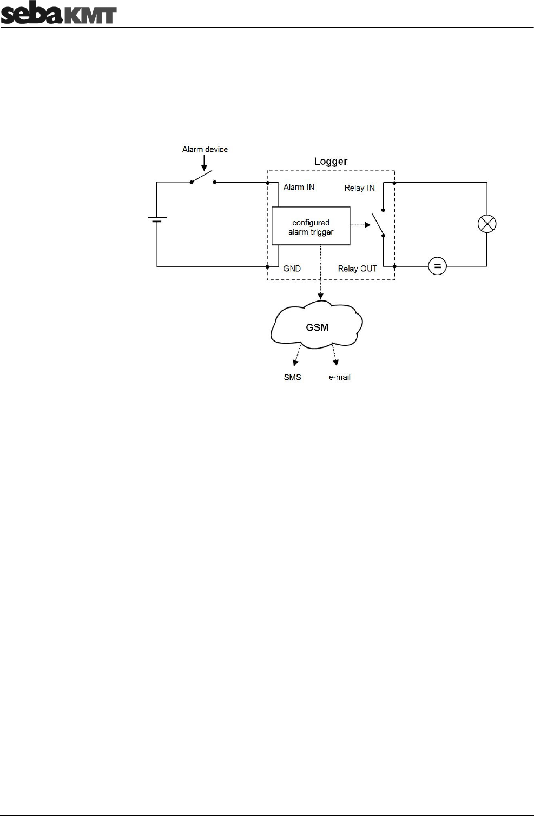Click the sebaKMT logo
click(58, 14)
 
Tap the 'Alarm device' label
click(205, 149)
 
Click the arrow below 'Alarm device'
click(204, 162)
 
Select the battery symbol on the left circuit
click(157, 220)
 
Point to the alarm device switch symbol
click(203, 178)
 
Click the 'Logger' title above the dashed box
click(331, 162)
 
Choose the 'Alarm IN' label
click(299, 187)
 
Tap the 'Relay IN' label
click(359, 188)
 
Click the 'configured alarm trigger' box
click(311, 227)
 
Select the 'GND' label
click(292, 268)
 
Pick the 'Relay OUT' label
click(357, 268)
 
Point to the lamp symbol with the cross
click(487, 224)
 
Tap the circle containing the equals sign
click(437, 266)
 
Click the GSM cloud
click(317, 327)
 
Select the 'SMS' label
click(292, 377)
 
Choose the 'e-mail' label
click(339, 377)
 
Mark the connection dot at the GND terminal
click(267, 266)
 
